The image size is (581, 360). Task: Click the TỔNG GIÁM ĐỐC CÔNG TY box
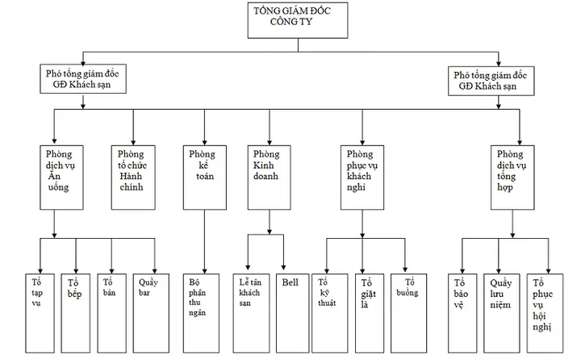coord(298,20)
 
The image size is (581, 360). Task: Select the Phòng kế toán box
coord(204,178)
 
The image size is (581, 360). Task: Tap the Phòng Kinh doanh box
coord(269,178)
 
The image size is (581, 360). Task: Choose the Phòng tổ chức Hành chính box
coord(133,178)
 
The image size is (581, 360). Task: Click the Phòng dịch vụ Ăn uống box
coord(61,178)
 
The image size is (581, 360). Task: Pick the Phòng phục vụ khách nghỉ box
coord(362,178)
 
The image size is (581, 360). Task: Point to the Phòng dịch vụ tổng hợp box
coord(512,178)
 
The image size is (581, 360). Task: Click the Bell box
coord(292,313)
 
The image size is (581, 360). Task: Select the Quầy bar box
coord(151,313)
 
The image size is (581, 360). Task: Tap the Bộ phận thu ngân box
coord(201,313)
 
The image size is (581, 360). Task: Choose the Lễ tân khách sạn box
coord(251,313)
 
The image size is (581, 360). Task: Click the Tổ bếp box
coord(76,313)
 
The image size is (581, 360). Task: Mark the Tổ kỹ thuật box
coord(330,313)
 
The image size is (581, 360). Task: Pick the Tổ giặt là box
coord(370,313)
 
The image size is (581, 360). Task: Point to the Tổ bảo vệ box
coord(462,313)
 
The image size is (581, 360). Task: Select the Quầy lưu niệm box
coord(501,313)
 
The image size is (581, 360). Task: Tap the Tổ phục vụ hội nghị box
coord(545,313)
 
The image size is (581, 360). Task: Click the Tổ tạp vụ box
coord(40,313)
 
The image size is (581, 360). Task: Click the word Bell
coord(290,283)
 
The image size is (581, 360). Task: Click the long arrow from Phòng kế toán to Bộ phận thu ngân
coord(204,241)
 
